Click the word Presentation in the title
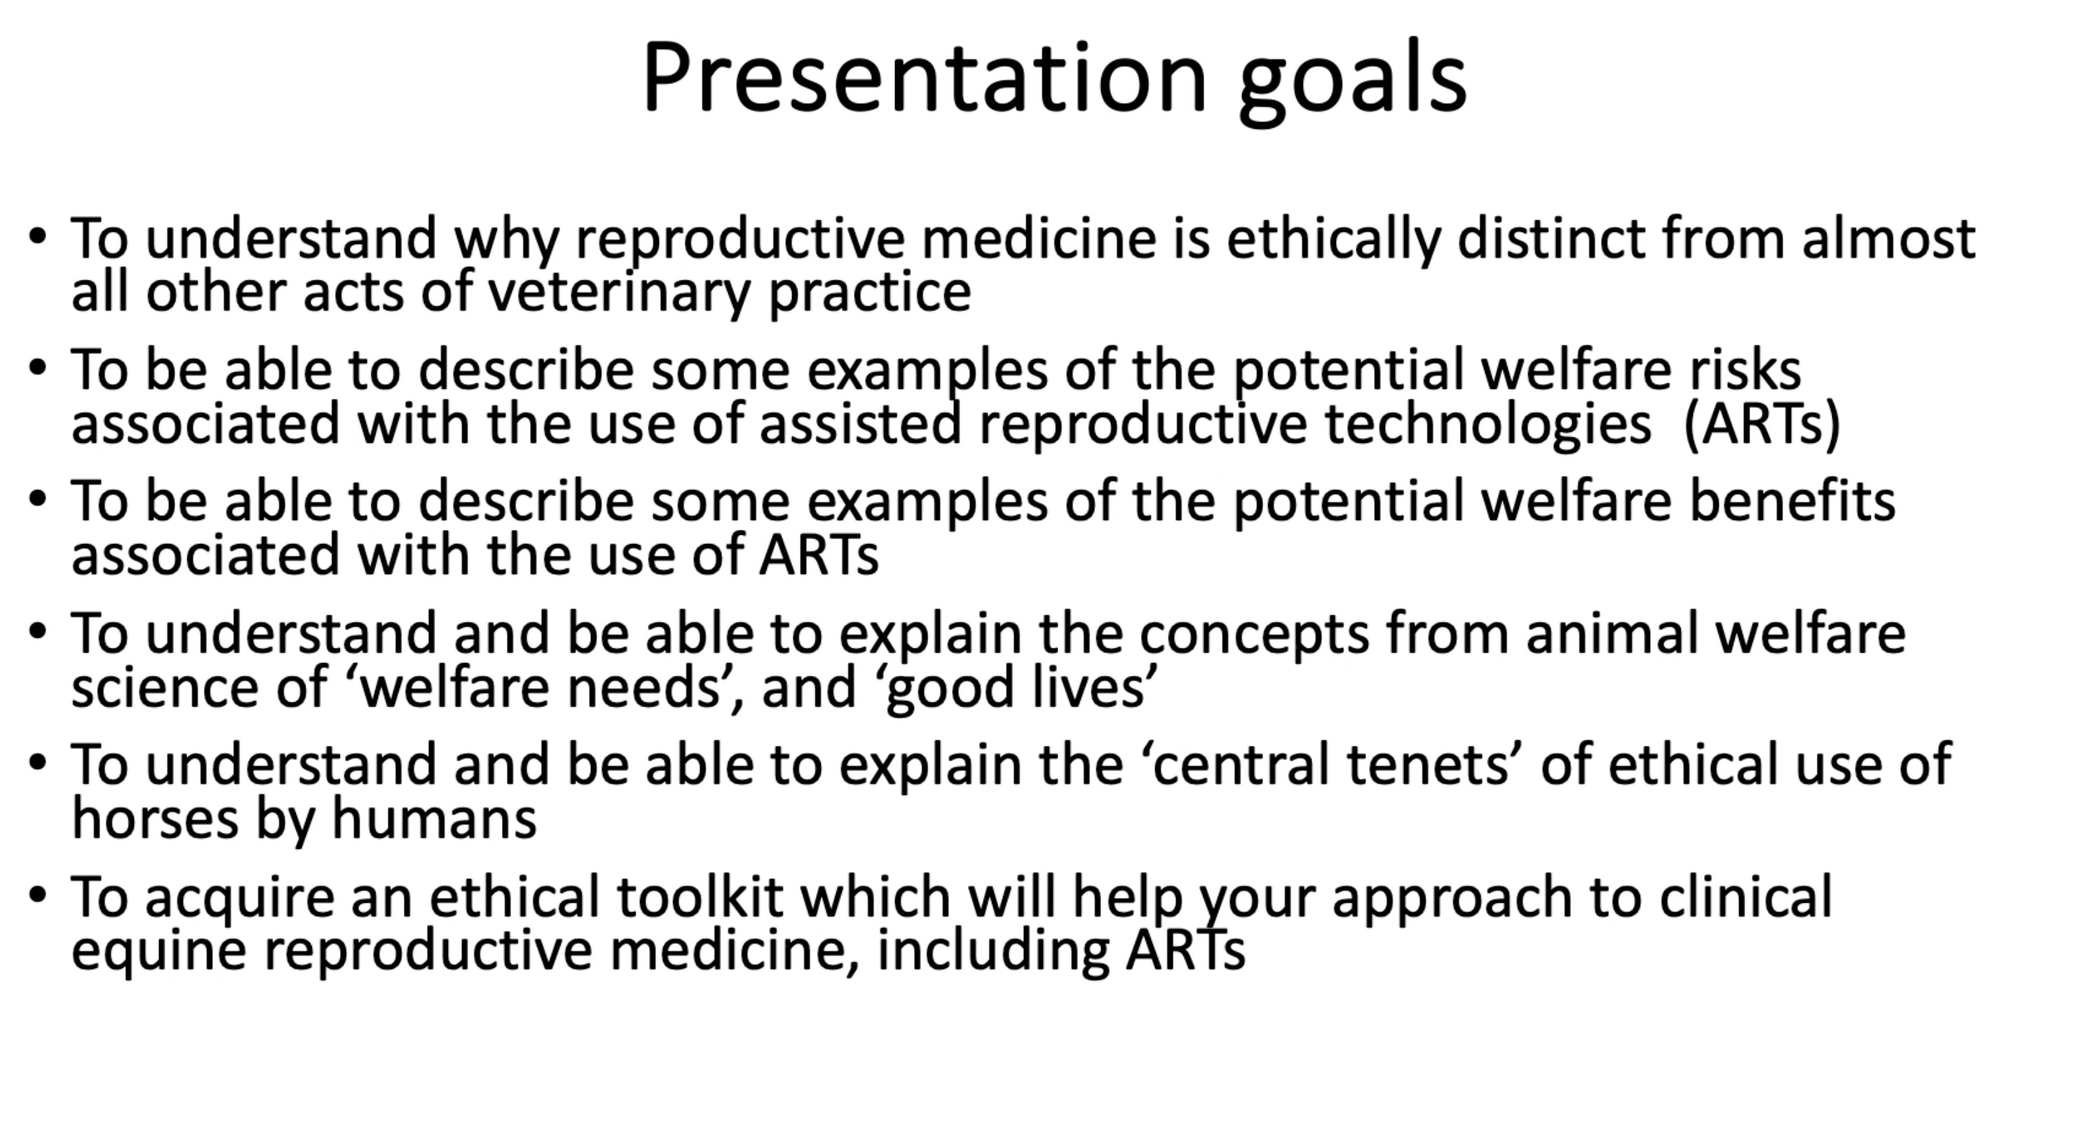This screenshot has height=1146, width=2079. pyautogui.click(x=924, y=79)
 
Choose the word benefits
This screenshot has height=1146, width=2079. pyautogui.click(x=1792, y=501)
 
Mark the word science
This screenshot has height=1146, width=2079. pyautogui.click(x=165, y=688)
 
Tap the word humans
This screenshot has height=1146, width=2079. pyautogui.click(x=434, y=817)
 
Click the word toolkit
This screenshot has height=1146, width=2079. pyautogui.click(x=700, y=896)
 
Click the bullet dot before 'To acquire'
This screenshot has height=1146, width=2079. pyautogui.click(x=37, y=895)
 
